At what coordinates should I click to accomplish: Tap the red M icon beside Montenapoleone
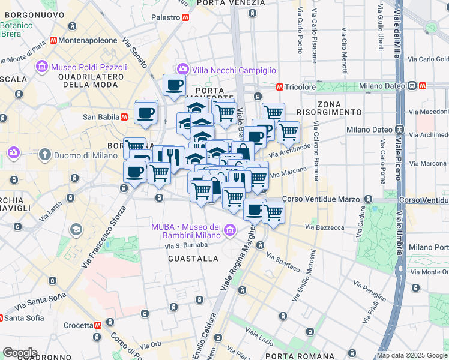(x=54, y=40)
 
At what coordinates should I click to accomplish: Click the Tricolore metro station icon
(x=279, y=87)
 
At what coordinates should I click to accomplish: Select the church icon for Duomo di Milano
(x=44, y=155)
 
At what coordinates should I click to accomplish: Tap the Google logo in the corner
(x=20, y=353)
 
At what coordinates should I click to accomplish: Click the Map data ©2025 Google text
(x=412, y=355)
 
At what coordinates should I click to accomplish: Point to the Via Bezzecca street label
(x=324, y=227)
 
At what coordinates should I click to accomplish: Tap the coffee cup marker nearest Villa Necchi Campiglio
(x=175, y=85)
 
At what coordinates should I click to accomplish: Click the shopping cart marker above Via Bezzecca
(x=273, y=212)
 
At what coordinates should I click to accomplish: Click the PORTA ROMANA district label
(x=286, y=355)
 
